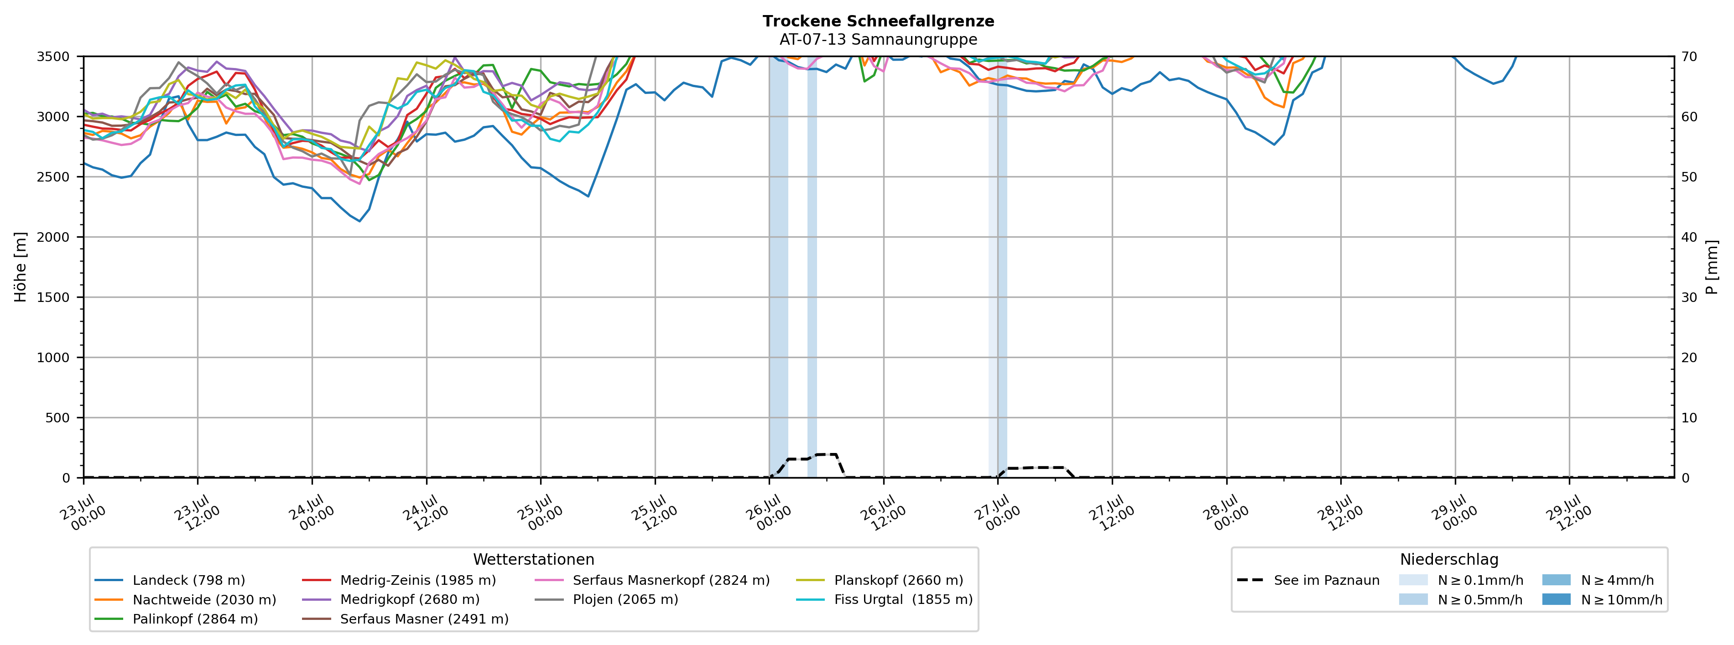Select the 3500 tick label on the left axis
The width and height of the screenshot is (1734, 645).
coord(53,57)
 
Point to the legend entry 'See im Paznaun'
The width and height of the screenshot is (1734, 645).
coord(1308,580)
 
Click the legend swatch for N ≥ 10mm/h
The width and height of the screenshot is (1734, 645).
coord(1556,600)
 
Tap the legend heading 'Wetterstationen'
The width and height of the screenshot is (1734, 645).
coord(534,560)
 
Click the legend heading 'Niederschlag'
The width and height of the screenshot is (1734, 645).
coord(1449,560)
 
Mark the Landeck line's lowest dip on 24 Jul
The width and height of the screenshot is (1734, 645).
coord(359,221)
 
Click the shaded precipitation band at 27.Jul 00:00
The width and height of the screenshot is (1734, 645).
coord(998,266)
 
